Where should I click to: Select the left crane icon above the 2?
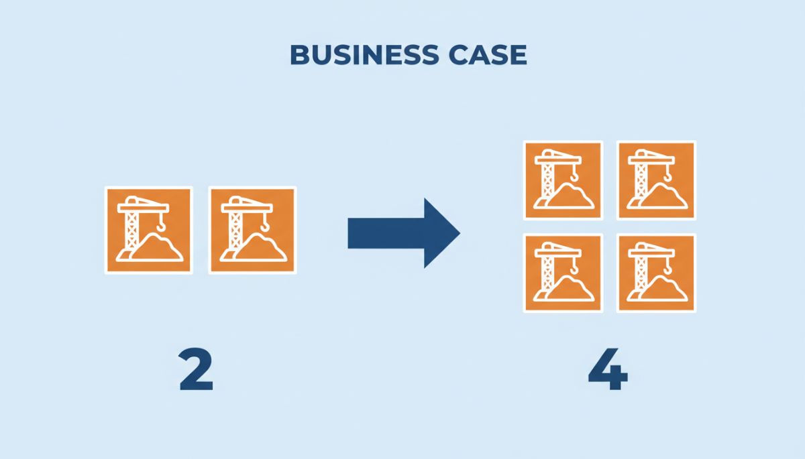coord(148,230)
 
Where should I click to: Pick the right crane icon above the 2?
coord(252,230)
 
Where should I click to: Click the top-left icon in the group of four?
coord(563,180)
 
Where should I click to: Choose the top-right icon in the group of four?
coord(656,180)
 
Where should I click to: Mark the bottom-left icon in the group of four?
coord(563,273)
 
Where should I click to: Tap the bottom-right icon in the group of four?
coord(656,273)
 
